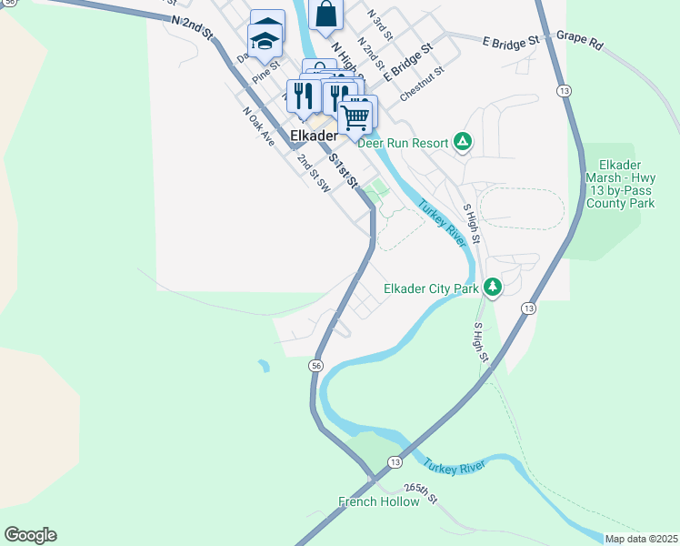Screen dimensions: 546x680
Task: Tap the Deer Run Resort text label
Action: click(x=403, y=143)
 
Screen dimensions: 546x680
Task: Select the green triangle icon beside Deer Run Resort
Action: click(x=463, y=141)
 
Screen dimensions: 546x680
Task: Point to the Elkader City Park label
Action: click(x=431, y=288)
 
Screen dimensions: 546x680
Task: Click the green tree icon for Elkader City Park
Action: click(x=493, y=288)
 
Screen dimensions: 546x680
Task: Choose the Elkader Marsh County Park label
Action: click(x=621, y=184)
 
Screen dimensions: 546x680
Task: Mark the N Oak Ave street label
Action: click(x=258, y=126)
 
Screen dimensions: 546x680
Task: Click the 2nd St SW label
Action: click(x=314, y=173)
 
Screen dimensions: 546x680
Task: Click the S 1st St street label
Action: click(x=343, y=171)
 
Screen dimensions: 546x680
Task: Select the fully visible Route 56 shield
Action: click(x=315, y=365)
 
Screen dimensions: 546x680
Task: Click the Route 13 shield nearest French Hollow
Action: click(x=394, y=461)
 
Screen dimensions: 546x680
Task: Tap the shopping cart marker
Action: click(x=355, y=116)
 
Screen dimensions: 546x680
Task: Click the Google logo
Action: click(x=30, y=535)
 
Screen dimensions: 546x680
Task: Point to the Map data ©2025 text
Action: click(x=641, y=539)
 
